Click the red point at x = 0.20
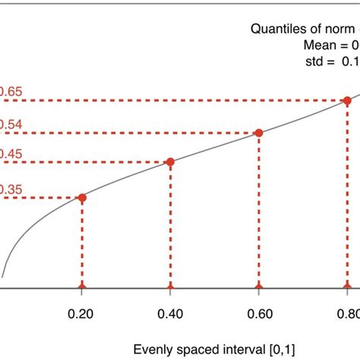pyautogui.click(x=82, y=197)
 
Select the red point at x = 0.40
pyautogui.click(x=170, y=162)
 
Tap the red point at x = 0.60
pyautogui.click(x=259, y=133)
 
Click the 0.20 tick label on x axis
pyautogui.click(x=82, y=314)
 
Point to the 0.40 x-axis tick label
pyautogui.click(x=170, y=314)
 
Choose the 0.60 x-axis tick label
pyautogui.click(x=259, y=314)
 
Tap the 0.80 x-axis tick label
pyautogui.click(x=347, y=314)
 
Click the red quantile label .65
pyautogui.click(x=11, y=93)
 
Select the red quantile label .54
pyautogui.click(x=11, y=124)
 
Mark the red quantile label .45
pyautogui.click(x=11, y=154)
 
